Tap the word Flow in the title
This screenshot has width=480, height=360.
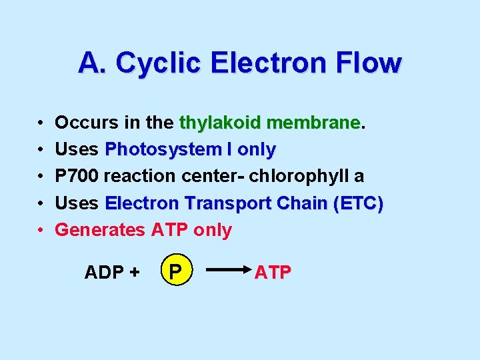click(370, 63)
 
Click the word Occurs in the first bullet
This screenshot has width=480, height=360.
click(83, 123)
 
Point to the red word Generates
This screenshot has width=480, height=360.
click(100, 230)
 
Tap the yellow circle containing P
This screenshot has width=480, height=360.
click(175, 272)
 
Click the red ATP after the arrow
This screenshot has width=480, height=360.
click(273, 272)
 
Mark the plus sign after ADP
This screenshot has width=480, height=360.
click(135, 272)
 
